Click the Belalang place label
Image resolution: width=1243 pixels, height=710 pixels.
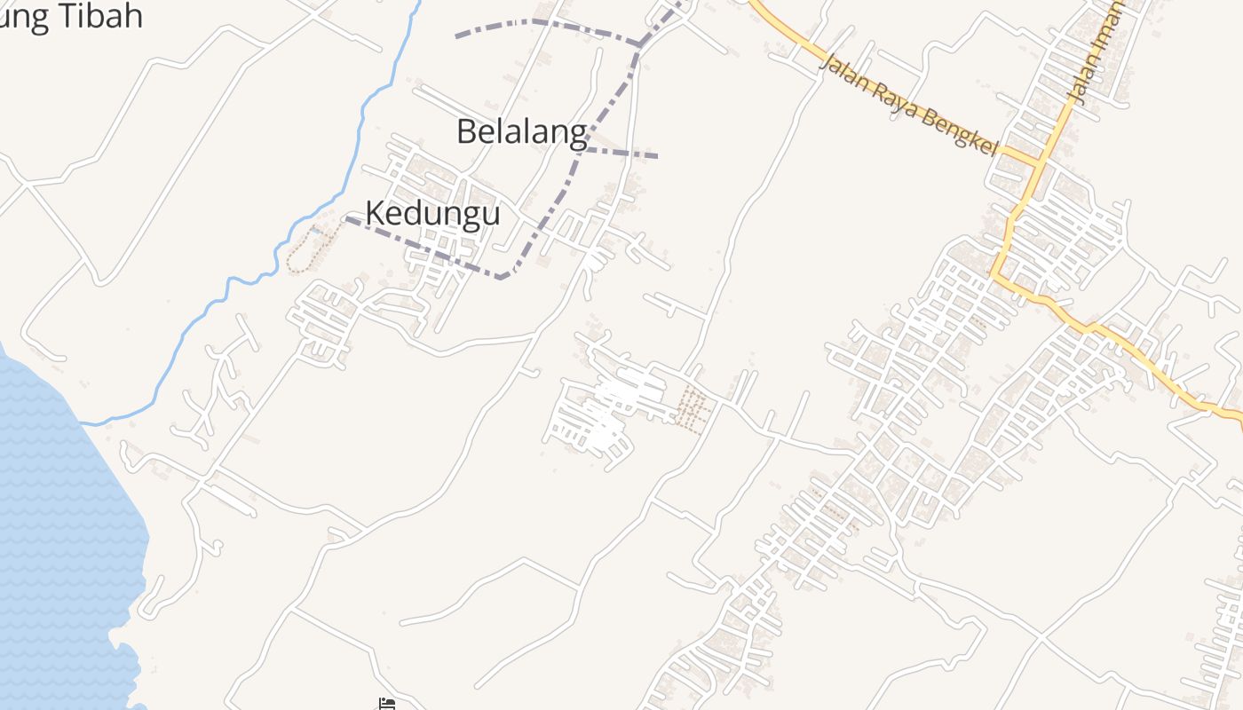521,131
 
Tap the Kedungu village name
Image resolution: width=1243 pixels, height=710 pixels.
432,214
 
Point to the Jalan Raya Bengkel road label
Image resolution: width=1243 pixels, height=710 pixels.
909,105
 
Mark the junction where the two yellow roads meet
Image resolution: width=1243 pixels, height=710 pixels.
1039,163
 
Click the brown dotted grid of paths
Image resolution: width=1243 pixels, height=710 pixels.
692,409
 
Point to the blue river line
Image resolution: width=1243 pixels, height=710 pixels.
360,133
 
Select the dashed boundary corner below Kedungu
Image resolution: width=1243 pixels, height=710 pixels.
503,277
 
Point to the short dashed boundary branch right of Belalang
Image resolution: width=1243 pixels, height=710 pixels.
621,154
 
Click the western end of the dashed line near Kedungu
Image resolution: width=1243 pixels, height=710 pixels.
349,219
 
